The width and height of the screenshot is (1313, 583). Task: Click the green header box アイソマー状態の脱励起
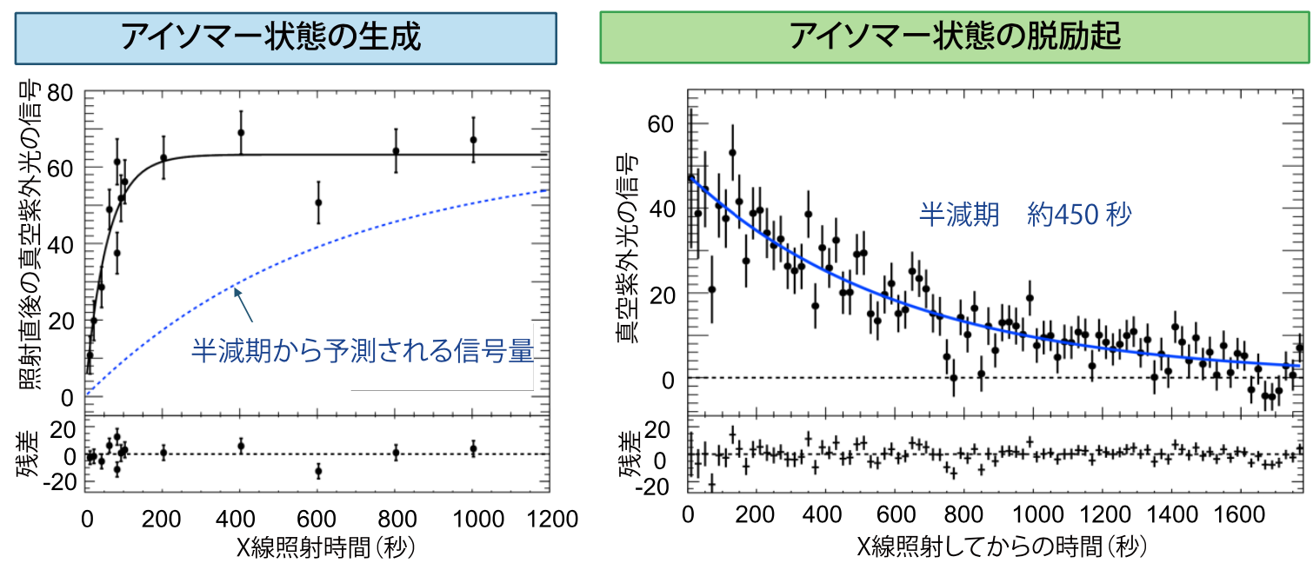[954, 37]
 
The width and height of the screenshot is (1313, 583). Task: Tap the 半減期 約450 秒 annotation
[1026, 214]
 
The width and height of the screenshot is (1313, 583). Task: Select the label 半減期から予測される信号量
[361, 351]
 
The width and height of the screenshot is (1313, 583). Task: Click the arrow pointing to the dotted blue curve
[244, 305]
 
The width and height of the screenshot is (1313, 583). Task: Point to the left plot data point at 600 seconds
[318, 202]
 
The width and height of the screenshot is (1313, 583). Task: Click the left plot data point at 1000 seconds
[473, 140]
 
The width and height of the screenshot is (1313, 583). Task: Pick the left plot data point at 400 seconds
[241, 133]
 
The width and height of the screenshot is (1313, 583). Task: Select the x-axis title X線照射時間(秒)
[317, 549]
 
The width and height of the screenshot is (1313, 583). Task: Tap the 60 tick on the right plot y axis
[661, 124]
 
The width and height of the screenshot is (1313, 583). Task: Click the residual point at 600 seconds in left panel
[318, 471]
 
